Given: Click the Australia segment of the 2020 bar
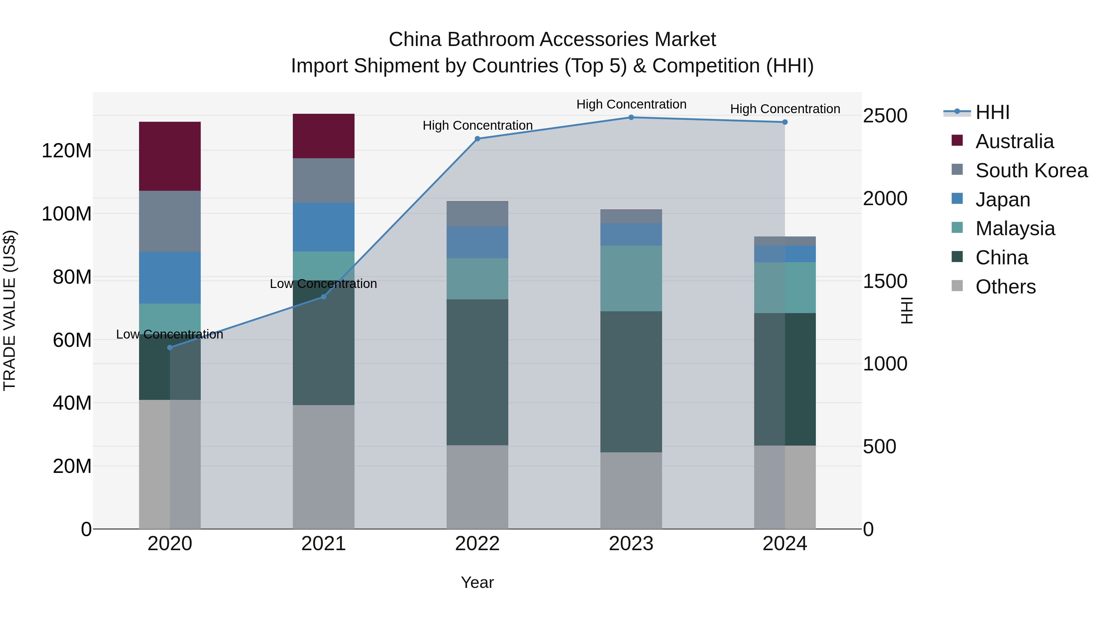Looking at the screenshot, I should coord(170,156).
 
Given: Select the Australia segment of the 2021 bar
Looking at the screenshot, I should coord(324,136).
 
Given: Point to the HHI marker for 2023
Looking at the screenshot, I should coord(631,117).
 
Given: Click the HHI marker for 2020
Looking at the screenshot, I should coord(170,347).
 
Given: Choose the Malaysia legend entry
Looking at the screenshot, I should coord(1015,228).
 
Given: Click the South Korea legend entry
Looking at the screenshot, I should coord(1031,171).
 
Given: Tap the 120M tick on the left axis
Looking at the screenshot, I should coord(67,151).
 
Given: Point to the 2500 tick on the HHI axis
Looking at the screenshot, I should coord(885,116).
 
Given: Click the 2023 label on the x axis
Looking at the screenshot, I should coord(631,544).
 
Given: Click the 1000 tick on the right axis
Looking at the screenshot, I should coord(885,364).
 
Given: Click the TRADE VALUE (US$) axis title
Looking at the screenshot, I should coord(10,310).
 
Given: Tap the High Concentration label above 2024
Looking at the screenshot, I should coord(785,109).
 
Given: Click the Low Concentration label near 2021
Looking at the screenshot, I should coord(324,284).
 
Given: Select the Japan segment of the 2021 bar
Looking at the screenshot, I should coord(324,227).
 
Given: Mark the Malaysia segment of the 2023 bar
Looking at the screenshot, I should coord(631,278).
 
